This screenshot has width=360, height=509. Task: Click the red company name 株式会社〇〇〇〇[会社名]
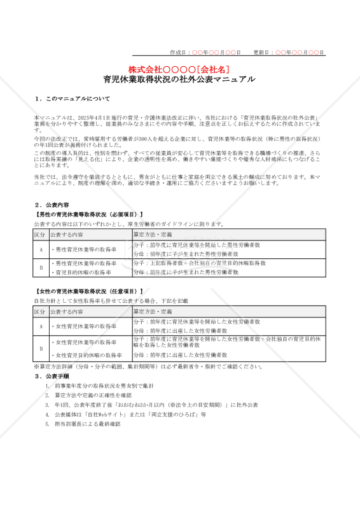[x=179, y=69]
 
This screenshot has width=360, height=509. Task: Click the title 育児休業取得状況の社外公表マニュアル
[x=179, y=80]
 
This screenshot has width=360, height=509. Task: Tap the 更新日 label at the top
[x=263, y=52]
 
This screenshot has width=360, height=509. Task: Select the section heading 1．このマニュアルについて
[x=73, y=99]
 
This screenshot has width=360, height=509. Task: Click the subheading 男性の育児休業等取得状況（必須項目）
[x=88, y=214]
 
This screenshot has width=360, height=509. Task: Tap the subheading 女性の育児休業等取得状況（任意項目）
[x=88, y=291]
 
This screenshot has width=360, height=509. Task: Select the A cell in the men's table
[x=41, y=249]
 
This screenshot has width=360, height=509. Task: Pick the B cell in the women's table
[x=41, y=349]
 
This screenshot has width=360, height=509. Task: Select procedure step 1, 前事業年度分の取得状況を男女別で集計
[x=104, y=386]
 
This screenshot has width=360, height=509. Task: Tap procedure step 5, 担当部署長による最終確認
[x=87, y=424]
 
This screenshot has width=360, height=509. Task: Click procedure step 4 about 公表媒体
[x=130, y=414]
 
